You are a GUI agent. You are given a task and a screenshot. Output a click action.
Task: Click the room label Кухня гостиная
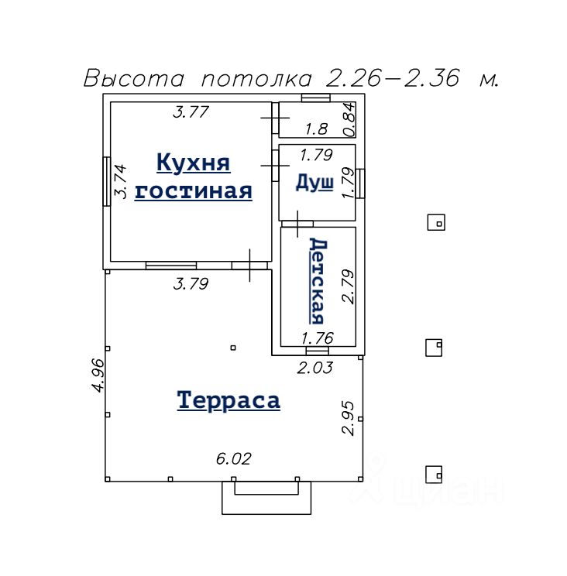click(194, 177)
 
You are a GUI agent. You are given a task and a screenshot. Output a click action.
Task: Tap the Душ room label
click(314, 183)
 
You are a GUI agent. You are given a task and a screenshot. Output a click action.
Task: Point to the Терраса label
click(229, 400)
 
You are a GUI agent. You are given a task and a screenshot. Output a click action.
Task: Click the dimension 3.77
click(191, 111)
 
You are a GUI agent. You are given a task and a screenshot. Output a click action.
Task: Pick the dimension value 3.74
click(121, 181)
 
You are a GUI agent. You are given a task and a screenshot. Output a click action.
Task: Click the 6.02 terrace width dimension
click(234, 459)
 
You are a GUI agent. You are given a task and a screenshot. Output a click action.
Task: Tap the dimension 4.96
click(98, 375)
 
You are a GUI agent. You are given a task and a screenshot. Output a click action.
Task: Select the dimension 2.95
click(348, 418)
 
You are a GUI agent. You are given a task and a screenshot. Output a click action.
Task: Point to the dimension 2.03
click(315, 368)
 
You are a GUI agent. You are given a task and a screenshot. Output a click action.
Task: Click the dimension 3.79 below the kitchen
click(191, 283)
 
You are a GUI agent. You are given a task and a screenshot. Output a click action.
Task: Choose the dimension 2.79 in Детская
click(348, 286)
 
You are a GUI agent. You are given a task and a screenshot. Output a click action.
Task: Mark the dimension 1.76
click(318, 338)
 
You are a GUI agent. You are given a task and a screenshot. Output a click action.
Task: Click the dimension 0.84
click(349, 119)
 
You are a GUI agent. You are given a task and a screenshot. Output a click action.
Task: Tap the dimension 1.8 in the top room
click(316, 129)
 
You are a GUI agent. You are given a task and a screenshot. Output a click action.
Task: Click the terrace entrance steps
click(266, 498)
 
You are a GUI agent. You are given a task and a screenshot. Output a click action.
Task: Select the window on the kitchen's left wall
click(107, 181)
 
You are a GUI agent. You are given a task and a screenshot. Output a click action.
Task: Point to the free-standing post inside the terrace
click(233, 348)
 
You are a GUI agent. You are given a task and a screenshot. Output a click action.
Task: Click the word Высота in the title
click(134, 78)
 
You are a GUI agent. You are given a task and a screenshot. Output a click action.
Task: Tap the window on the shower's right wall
click(360, 183)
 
